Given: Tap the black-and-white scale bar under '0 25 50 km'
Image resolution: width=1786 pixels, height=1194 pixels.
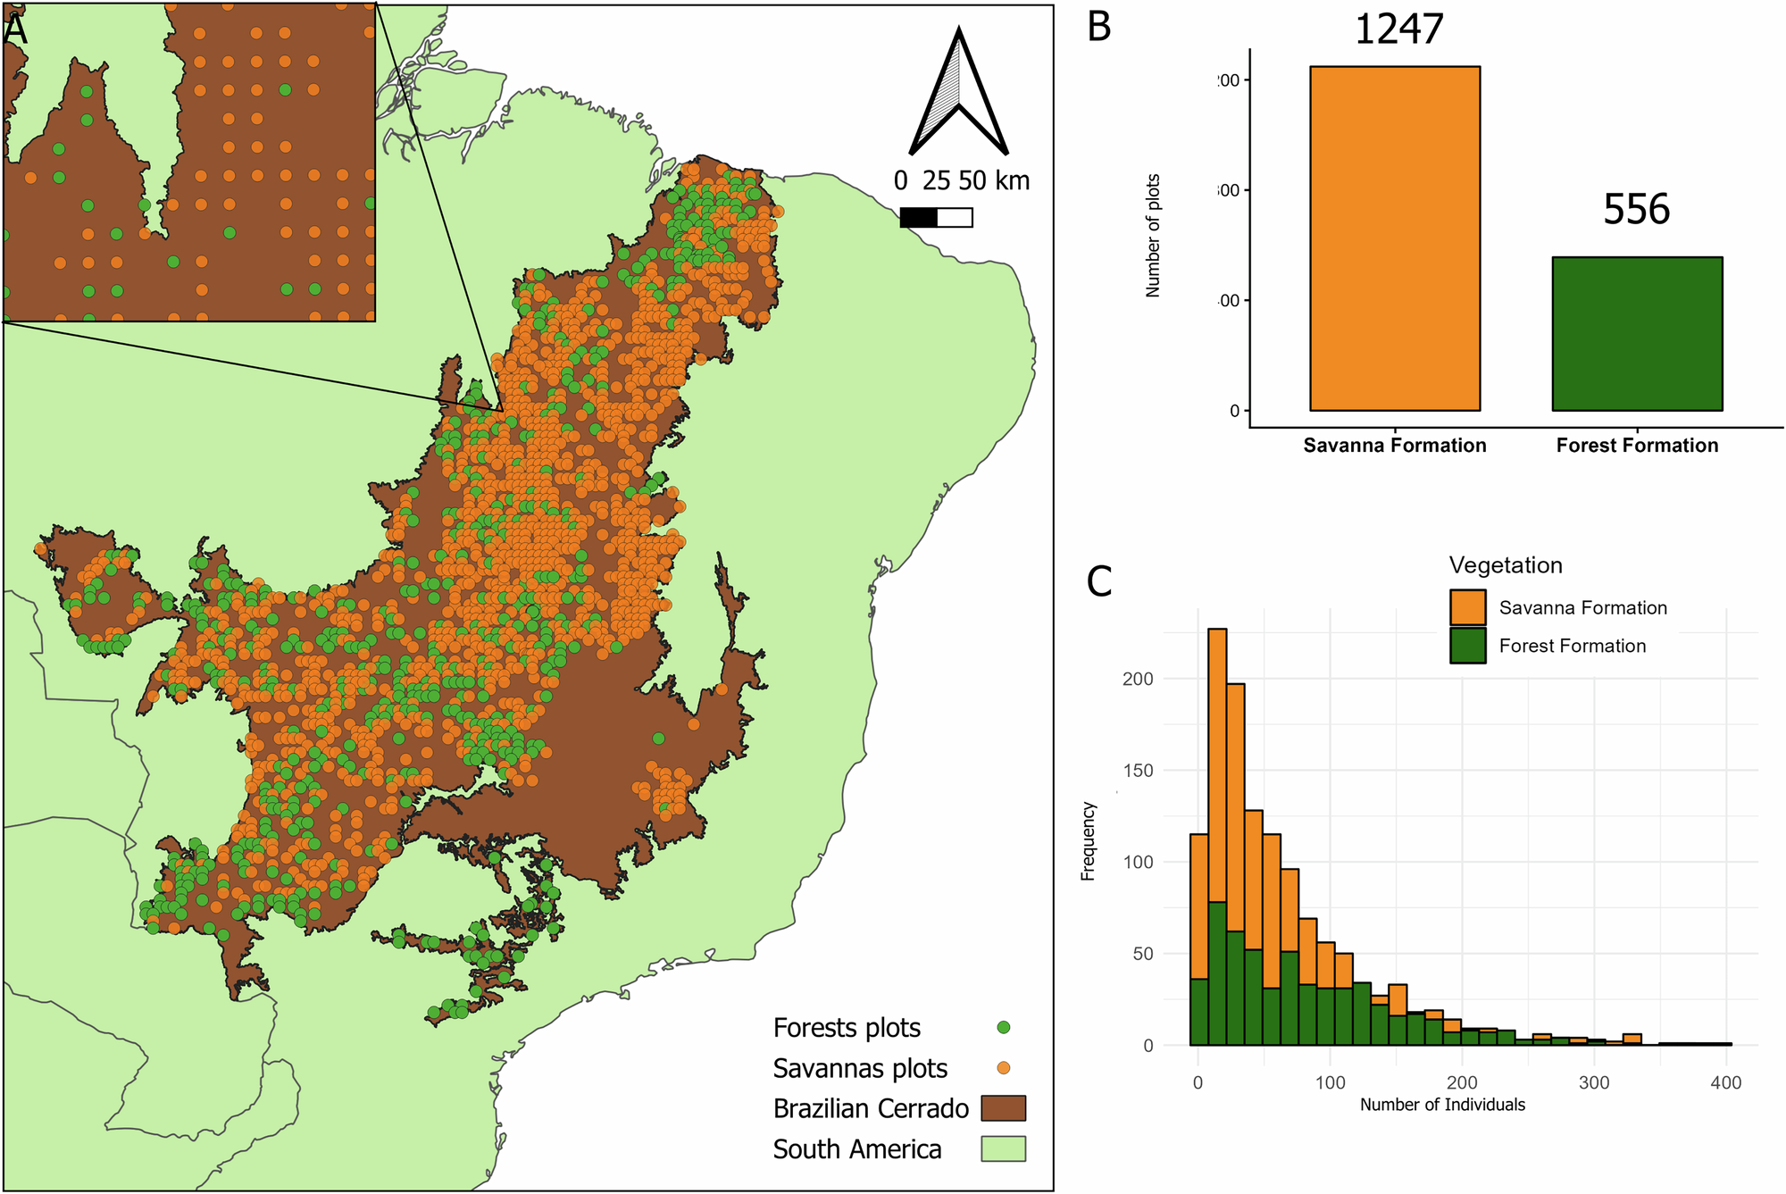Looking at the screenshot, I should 936,217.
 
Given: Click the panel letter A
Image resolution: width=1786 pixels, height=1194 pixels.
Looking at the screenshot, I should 15,29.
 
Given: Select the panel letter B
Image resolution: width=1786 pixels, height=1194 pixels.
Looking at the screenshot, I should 1099,27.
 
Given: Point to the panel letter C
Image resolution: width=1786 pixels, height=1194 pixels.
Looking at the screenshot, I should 1099,581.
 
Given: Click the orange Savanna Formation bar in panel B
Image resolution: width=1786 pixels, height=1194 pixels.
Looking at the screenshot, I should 1395,238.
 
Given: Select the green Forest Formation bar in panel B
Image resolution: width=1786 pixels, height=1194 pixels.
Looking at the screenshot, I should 1637,334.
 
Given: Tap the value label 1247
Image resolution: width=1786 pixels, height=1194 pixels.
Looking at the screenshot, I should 1398,29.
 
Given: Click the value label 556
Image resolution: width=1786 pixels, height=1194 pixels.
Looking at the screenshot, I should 1636,210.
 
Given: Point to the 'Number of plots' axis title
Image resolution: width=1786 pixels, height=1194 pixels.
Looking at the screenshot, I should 1153,236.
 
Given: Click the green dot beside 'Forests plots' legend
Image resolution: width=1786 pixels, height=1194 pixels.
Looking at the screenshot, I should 1004,1028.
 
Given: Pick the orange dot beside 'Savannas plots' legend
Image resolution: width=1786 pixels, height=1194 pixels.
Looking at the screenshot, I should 1004,1068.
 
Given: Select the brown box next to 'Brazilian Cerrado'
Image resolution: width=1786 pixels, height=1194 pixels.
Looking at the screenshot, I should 1004,1108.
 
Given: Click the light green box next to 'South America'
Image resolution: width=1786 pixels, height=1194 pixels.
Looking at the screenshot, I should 1004,1148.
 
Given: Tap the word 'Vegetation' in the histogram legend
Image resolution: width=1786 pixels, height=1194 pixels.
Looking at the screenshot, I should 1506,565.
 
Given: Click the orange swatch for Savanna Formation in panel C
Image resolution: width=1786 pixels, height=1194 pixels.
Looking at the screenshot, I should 1468,607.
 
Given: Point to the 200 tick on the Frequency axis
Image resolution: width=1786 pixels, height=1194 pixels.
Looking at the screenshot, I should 1138,679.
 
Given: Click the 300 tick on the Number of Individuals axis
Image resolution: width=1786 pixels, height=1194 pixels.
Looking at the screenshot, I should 1594,1083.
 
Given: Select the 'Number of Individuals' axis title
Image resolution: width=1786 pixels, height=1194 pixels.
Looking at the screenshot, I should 1442,1105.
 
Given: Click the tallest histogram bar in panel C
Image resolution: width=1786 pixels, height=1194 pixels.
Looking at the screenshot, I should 1217,804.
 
